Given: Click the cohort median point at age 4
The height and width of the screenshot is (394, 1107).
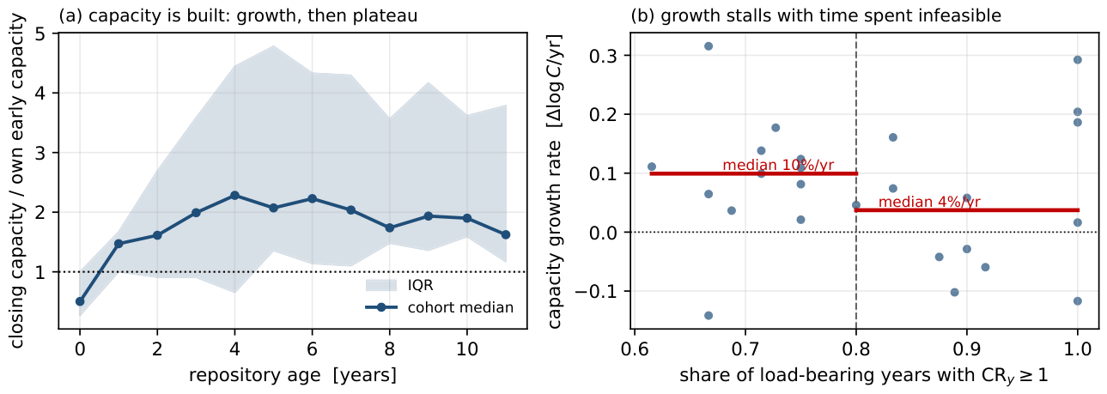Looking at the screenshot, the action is pos(234,196).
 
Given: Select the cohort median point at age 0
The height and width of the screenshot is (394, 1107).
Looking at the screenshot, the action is pos(80,301).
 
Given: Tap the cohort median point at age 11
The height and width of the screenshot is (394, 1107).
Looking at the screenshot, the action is pos(506,234).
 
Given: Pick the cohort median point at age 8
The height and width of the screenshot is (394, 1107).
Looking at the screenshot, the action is pos(389,227).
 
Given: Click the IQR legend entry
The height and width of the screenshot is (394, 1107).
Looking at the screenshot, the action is pos(399,285).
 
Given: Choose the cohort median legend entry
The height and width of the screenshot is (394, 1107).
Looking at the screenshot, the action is pos(440,307).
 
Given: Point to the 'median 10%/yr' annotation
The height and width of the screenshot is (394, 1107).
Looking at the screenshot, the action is pos(778,165).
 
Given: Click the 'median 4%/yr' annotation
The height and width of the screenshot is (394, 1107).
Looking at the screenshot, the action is pos(929,202).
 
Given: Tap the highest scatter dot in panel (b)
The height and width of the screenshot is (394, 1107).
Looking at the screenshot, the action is pos(709,45).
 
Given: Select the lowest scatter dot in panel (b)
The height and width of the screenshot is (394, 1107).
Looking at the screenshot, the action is pos(709,316).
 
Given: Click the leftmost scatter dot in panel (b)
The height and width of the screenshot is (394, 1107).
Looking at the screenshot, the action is pos(652,167).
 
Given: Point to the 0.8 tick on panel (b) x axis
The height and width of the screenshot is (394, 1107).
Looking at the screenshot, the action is pos(856,349).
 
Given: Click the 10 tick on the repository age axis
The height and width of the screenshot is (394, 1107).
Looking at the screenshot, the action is pos(467,349).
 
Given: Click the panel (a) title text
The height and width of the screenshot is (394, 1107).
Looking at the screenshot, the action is pos(238,15).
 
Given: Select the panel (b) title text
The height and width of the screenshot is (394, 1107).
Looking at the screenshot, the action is pos(816,15).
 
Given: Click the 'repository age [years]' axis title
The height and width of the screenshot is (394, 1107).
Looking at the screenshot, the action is pos(293,375).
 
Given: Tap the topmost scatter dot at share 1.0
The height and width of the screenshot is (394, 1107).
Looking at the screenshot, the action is pos(1078,60).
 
